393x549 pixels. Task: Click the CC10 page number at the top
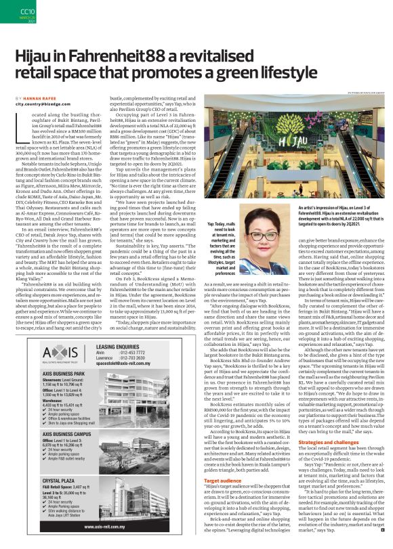(10, 12)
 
